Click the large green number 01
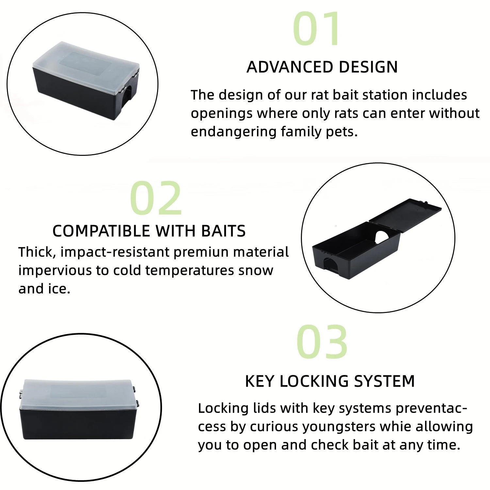pos(316,29)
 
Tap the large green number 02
pos(156,198)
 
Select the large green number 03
pos(322,342)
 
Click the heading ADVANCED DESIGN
pos(322,67)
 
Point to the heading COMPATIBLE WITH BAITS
pos(149,231)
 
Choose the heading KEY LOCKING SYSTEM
pos(330,381)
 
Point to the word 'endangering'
pos(234,132)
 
